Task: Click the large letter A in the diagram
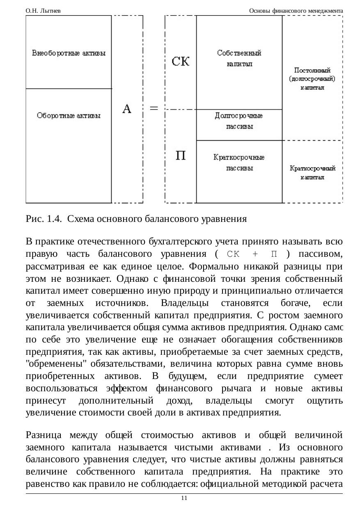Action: point(127,109)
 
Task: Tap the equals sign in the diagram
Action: point(154,108)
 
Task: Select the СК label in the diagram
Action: point(180,62)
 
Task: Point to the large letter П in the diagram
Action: point(180,156)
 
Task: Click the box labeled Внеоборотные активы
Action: point(69,53)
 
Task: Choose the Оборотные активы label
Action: point(69,116)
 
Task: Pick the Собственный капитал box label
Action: point(239,58)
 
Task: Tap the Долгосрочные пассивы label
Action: point(239,121)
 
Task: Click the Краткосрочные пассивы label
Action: point(239,162)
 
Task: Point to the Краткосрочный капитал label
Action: point(312,173)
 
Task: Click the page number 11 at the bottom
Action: point(184,498)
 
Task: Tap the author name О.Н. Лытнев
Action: point(43,11)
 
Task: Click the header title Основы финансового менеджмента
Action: point(296,11)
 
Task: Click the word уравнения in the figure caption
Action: point(225,219)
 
